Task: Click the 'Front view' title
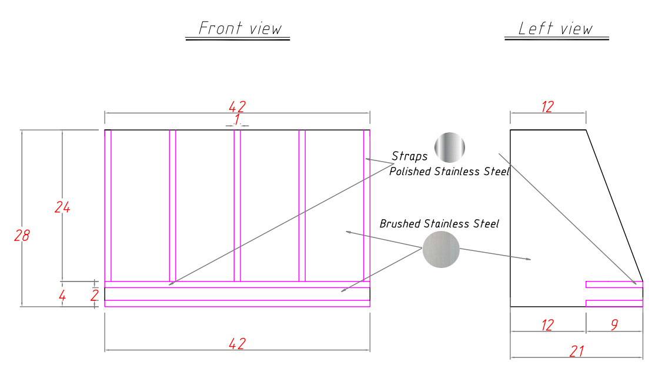coord(240,28)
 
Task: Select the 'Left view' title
coord(556,29)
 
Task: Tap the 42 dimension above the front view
coord(237,106)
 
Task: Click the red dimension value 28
coord(22,236)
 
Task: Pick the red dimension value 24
coord(62,207)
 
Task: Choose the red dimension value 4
coord(62,296)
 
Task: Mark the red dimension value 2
coord(94,296)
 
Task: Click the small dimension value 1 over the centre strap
coord(237,119)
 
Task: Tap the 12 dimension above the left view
coord(547,107)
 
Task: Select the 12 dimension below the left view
coord(547,325)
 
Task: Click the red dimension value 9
coord(614,325)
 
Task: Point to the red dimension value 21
coord(577,351)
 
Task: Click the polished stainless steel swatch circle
coord(450,147)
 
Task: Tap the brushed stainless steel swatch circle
coord(441,249)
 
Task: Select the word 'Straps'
coord(410,157)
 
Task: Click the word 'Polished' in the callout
coord(410,172)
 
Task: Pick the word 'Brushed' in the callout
coord(400,224)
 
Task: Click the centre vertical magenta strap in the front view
coord(238,206)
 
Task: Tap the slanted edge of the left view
coord(614,206)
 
